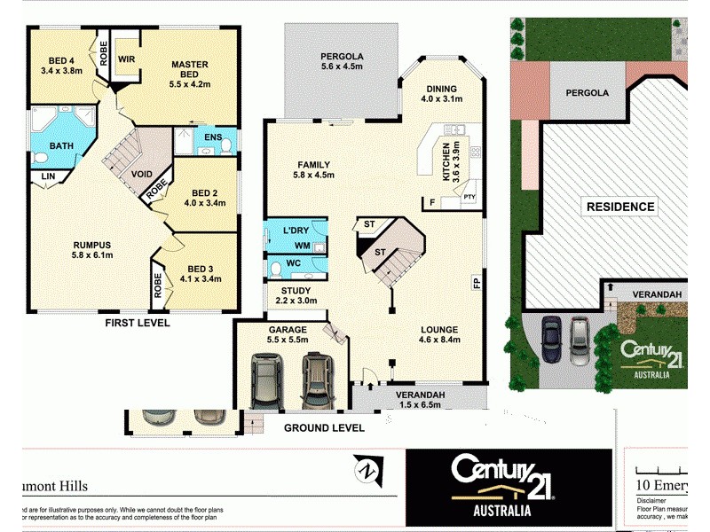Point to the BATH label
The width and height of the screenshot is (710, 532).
pos(61,145)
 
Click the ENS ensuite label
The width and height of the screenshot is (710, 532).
pos(213,137)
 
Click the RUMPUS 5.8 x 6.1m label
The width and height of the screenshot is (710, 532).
pos(91,250)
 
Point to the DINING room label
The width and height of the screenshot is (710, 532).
pos(441,94)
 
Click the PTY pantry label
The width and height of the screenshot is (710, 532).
pos(469,197)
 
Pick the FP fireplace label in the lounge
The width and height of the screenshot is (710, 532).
pos(476,284)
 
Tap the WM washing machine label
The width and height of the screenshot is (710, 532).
pos(302,244)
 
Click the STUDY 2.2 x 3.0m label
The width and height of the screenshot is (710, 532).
pos(296,295)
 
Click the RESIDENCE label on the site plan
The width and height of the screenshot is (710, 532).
pos(620,207)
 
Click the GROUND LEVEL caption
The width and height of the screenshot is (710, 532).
pos(324,427)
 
